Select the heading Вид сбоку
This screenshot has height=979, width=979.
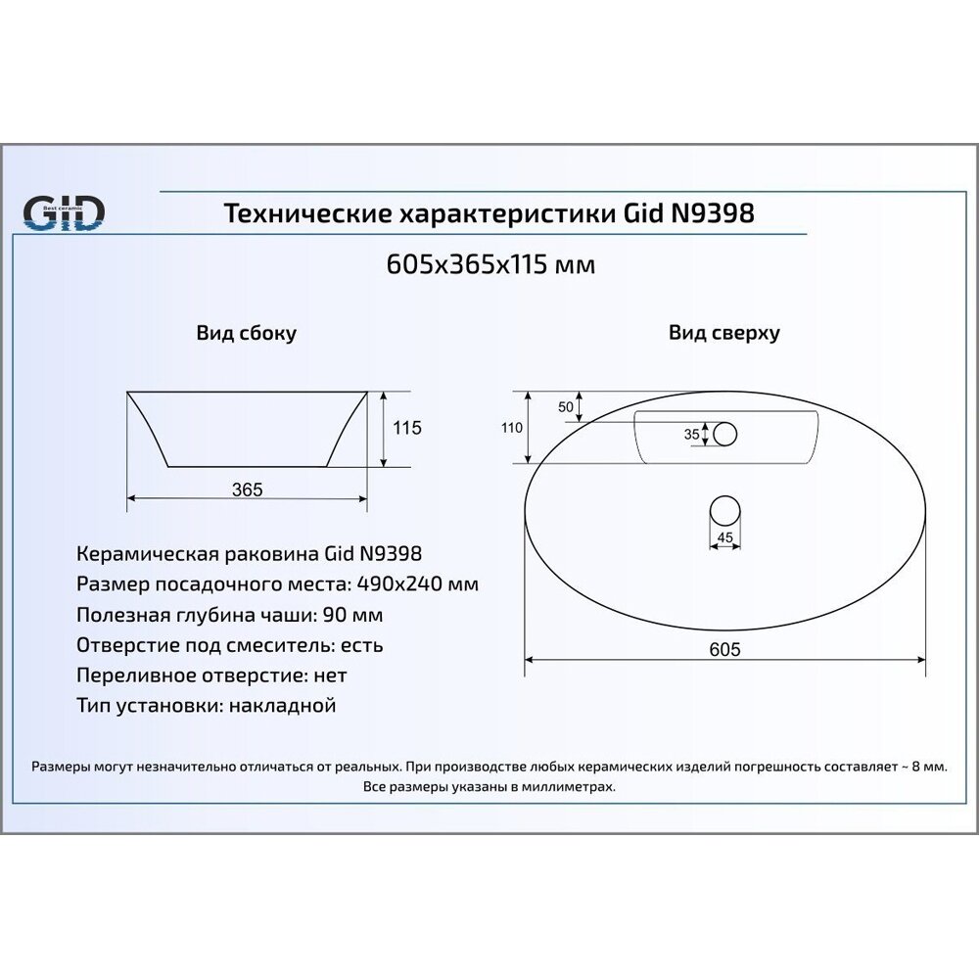point(247,333)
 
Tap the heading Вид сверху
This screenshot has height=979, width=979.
point(724,333)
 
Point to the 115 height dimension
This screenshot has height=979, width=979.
point(406,428)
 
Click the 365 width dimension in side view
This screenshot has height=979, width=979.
point(248,489)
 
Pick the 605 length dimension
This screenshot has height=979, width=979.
point(725,649)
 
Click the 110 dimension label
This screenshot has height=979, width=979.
point(512,427)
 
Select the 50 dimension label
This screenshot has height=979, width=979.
point(565,406)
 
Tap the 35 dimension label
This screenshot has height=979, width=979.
point(691,434)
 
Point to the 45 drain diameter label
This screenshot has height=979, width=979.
point(725,536)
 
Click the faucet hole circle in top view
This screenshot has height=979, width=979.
point(725,434)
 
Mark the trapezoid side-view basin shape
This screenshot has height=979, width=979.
point(248,428)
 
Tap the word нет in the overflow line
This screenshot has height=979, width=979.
point(330,676)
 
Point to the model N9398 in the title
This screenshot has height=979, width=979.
point(712,213)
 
